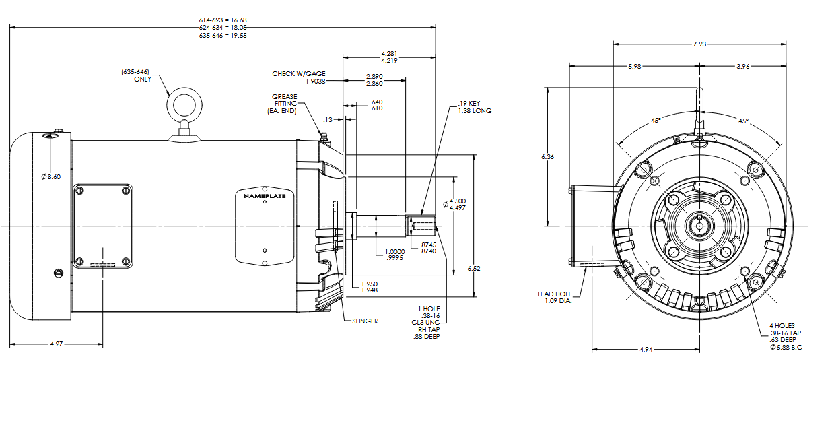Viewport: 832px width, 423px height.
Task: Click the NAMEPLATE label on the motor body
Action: (x=265, y=195)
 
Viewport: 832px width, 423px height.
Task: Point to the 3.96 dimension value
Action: (x=743, y=66)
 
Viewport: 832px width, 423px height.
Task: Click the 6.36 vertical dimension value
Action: (x=549, y=157)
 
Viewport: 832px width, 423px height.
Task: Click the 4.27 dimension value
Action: (x=57, y=344)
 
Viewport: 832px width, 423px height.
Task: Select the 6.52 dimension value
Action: (x=475, y=269)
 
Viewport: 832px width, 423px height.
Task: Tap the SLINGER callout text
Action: (x=365, y=321)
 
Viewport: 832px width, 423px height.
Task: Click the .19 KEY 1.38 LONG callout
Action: (x=475, y=106)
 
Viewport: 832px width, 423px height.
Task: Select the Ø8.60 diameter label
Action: (x=51, y=176)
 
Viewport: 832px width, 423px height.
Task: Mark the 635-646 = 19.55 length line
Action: (x=223, y=35)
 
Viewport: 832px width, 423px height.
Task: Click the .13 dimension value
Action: (x=328, y=119)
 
